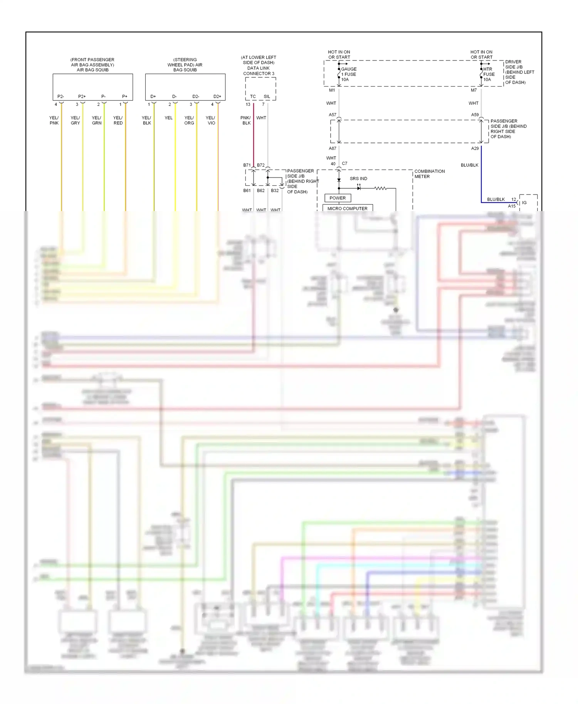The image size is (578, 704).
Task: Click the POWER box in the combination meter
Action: tap(338, 198)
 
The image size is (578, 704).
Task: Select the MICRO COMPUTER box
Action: tap(347, 208)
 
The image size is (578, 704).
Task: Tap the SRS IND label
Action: tap(358, 179)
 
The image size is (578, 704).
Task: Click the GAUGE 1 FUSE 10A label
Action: tap(348, 74)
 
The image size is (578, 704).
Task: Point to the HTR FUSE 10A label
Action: tap(489, 74)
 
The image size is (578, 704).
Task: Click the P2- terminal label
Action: tap(60, 96)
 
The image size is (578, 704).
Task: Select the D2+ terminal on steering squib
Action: tap(217, 96)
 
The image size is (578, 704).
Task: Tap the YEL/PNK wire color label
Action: tap(54, 121)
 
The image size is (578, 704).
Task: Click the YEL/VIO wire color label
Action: tap(210, 121)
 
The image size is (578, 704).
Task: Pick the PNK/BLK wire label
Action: tap(246, 121)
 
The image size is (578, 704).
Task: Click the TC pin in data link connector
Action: tap(253, 96)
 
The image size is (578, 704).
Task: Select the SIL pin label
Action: tap(267, 96)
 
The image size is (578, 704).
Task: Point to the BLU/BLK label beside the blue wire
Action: tap(469, 165)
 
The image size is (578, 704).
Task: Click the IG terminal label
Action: tap(524, 203)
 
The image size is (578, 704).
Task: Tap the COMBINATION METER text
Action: tap(429, 174)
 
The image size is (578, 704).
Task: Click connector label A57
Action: tap(332, 115)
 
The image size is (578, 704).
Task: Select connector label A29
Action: tap(475, 148)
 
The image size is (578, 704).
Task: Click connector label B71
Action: tap(247, 165)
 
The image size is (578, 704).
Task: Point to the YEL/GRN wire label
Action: tap(96, 121)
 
